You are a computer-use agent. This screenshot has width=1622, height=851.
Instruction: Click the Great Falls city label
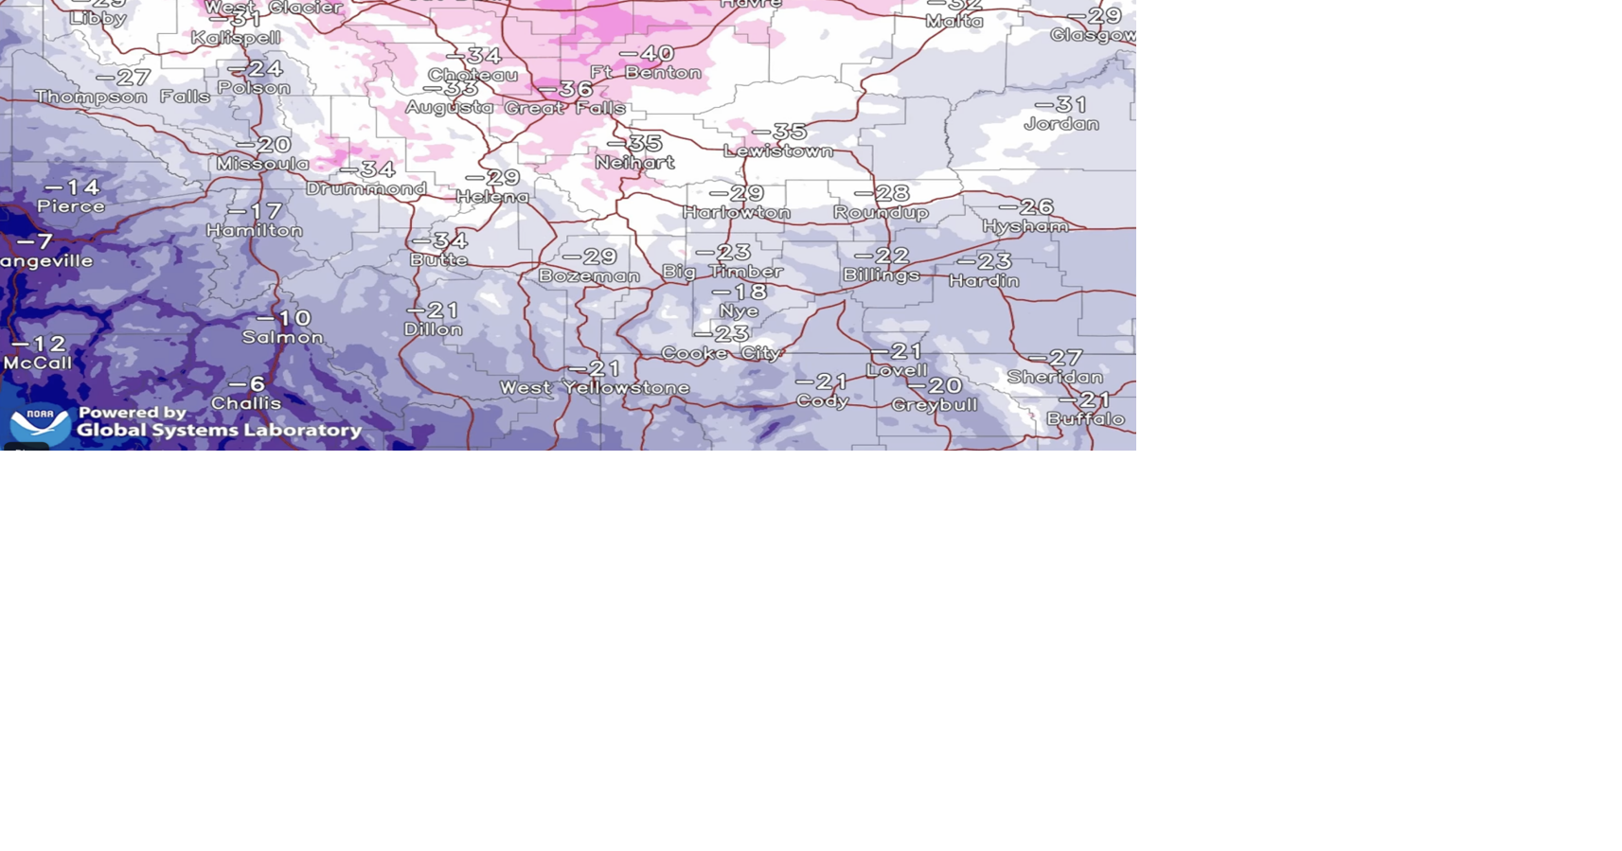pos(564,108)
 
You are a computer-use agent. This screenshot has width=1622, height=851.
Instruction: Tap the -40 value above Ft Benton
pos(648,54)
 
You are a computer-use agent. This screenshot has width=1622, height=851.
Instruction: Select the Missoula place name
pos(262,164)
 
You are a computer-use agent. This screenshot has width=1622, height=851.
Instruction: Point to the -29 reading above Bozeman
pos(589,257)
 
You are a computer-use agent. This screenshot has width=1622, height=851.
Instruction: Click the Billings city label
pos(882,275)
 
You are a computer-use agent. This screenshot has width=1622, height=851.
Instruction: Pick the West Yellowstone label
pos(595,388)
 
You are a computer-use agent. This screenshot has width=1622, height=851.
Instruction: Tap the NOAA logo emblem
pos(40,422)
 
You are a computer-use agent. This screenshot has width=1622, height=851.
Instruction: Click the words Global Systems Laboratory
pos(219,431)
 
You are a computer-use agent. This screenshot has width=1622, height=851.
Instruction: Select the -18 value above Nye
pos(740,292)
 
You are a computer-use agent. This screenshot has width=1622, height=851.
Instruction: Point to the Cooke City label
pos(722,353)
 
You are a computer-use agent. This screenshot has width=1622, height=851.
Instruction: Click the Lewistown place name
pos(778,151)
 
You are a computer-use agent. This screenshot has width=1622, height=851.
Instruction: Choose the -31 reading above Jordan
pos(1061,104)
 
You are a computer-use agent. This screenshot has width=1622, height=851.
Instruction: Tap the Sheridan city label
pos(1055,378)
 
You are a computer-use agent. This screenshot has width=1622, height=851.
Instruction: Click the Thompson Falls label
pos(122,97)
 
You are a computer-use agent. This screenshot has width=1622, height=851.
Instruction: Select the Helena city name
pos(492,197)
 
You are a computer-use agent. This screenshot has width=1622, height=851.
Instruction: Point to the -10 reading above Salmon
pos(283,318)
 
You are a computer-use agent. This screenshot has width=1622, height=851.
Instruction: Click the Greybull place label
pos(935,405)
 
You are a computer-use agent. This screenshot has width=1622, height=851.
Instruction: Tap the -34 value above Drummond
pos(367,169)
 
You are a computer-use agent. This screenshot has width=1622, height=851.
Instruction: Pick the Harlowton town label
pos(737,213)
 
